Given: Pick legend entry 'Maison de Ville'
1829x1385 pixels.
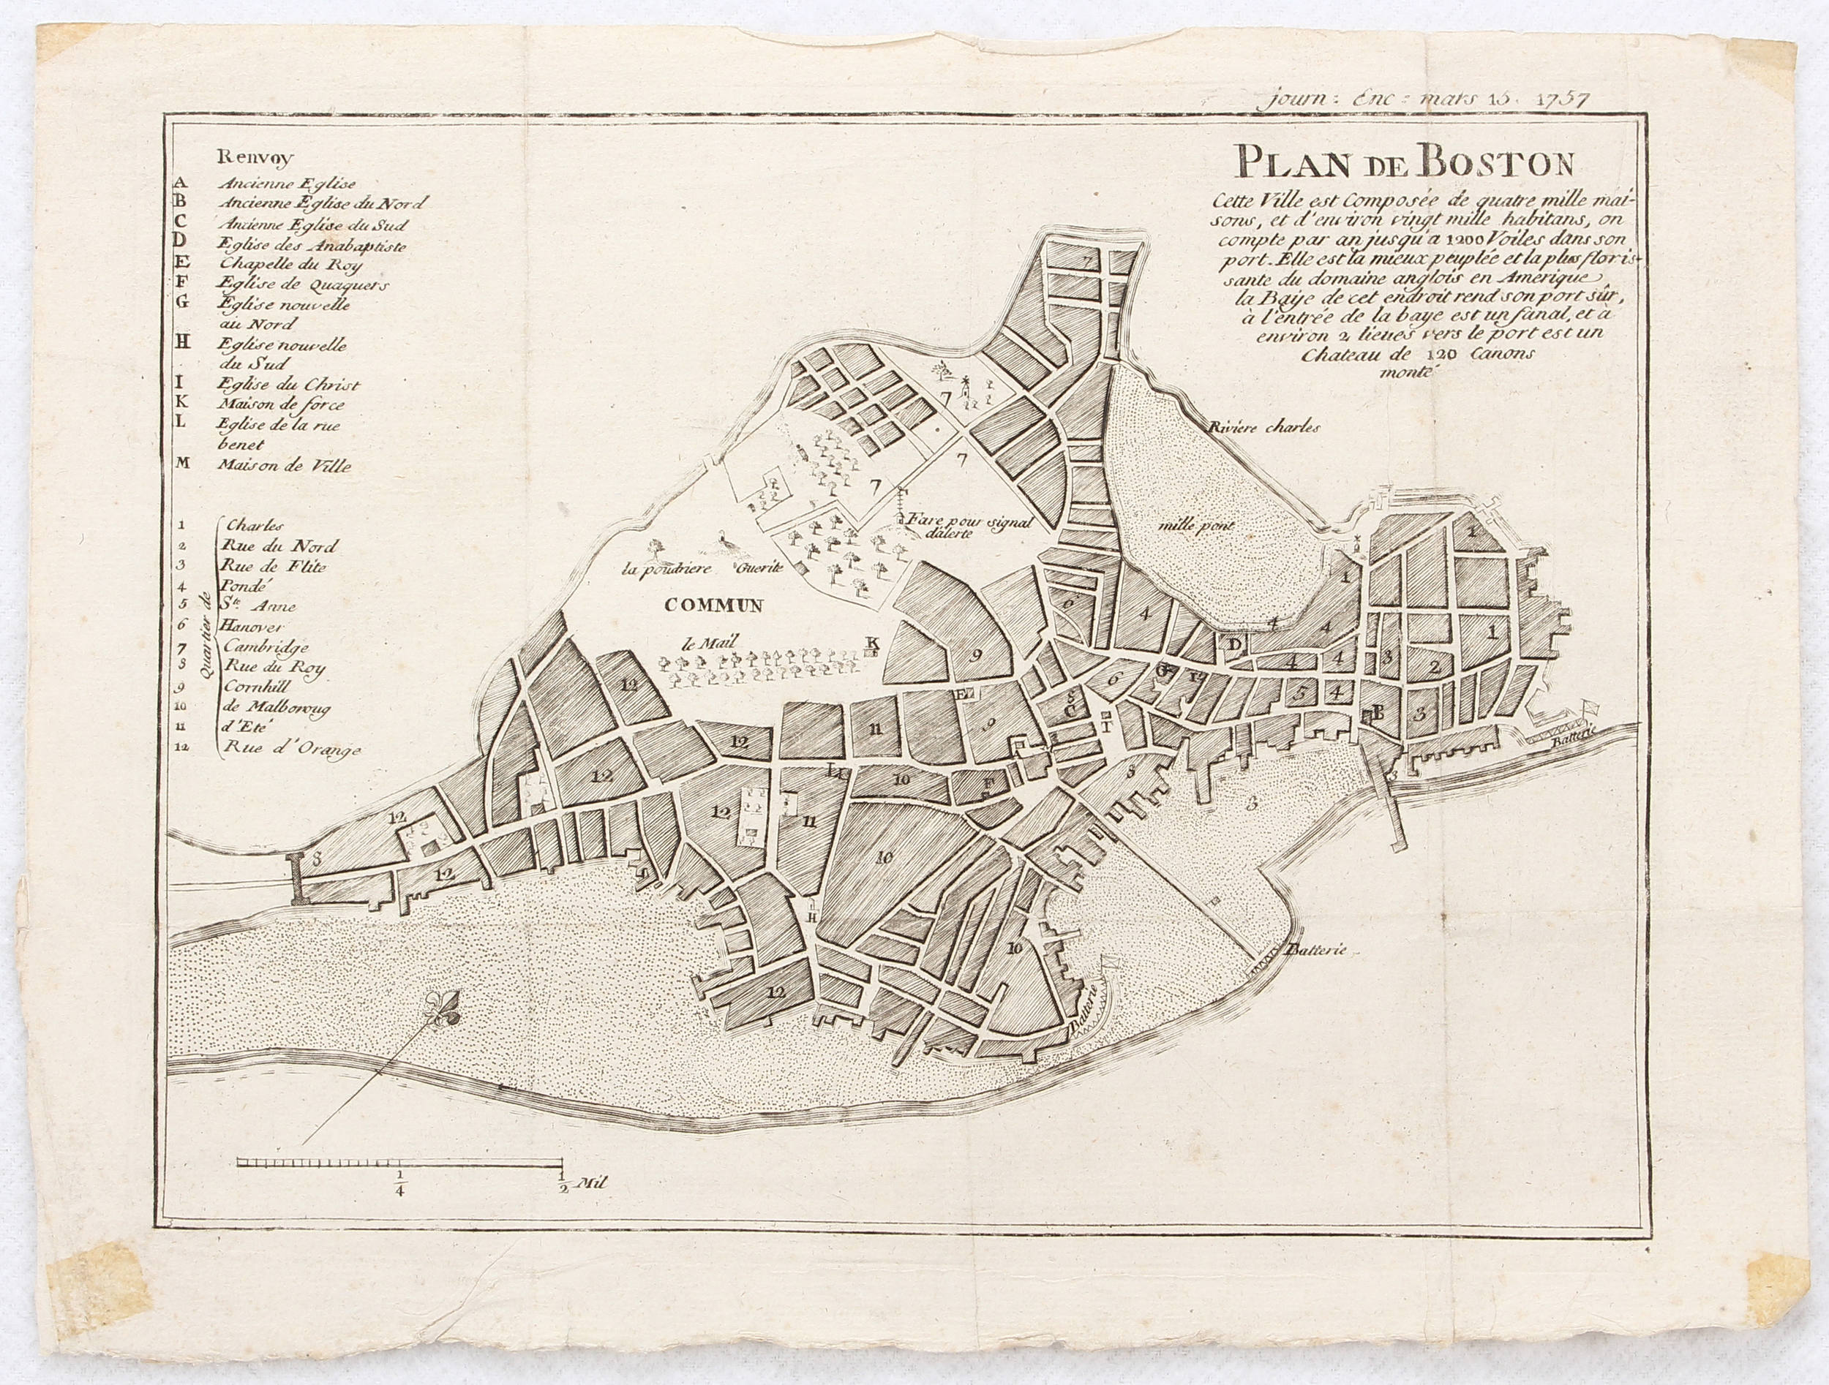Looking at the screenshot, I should pyautogui.click(x=285, y=466).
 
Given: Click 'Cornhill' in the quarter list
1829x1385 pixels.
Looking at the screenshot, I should pyautogui.click(x=257, y=688).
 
